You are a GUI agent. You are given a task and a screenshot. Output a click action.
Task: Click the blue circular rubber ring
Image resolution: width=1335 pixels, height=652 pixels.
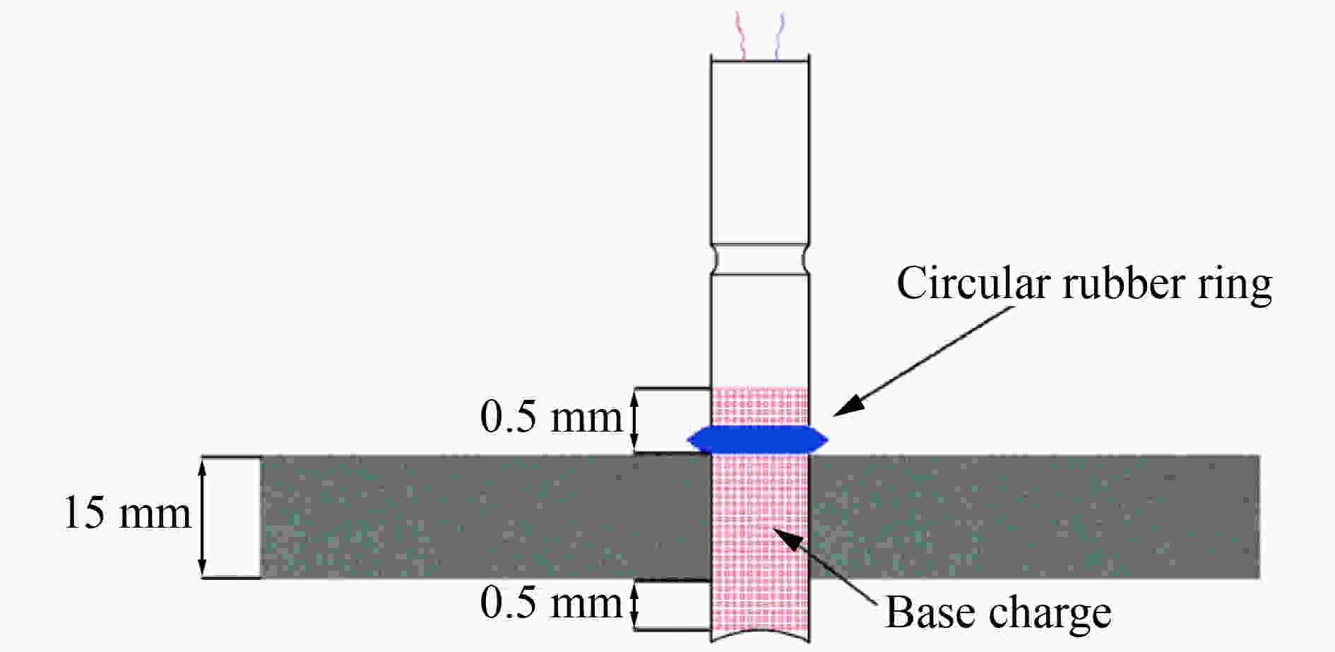pyautogui.click(x=757, y=439)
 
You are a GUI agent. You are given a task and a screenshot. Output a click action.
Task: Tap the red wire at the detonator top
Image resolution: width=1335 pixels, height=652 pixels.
pyautogui.click(x=742, y=35)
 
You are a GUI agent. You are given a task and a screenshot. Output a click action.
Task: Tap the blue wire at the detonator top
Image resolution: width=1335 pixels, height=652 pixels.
pyautogui.click(x=778, y=35)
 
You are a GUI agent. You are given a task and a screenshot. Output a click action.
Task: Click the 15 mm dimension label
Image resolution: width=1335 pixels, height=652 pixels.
pyautogui.click(x=127, y=513)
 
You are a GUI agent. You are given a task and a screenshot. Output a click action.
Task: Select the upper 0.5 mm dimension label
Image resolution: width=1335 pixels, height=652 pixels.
pyautogui.click(x=551, y=417)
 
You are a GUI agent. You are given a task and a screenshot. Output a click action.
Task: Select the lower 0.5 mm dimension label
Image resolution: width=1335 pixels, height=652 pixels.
pyautogui.click(x=551, y=603)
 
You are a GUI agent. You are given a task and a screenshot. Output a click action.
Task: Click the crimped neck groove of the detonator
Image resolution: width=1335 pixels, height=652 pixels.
pyautogui.click(x=759, y=259)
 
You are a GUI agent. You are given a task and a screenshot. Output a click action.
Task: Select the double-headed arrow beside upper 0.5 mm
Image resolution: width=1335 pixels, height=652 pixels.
pyautogui.click(x=634, y=422)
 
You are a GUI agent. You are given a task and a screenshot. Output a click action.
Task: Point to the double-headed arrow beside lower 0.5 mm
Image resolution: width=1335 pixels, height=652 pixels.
pyautogui.click(x=634, y=604)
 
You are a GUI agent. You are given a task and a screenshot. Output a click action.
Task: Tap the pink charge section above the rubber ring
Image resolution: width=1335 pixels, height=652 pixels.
pyautogui.click(x=759, y=406)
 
